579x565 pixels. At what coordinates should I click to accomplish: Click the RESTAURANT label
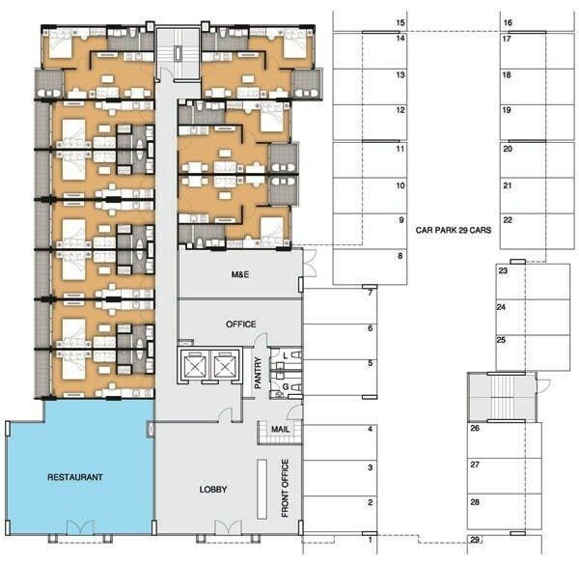[75, 477]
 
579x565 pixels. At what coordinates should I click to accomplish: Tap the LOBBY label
[213, 490]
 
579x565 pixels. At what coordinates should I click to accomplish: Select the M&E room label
[240, 274]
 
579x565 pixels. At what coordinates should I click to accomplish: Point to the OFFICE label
[240, 325]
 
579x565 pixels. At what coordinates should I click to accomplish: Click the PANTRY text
[258, 373]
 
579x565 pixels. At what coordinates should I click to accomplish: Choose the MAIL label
[280, 430]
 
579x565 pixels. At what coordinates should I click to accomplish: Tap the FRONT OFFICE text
[285, 488]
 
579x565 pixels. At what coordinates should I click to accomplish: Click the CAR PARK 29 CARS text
[454, 230]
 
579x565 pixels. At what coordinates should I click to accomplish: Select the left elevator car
[194, 365]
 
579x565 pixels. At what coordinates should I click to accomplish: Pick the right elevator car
[224, 365]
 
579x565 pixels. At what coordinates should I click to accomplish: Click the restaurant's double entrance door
[80, 527]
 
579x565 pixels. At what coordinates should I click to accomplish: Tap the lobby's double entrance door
[228, 527]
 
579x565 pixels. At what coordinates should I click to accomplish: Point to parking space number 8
[370, 267]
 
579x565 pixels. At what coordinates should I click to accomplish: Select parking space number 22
[537, 232]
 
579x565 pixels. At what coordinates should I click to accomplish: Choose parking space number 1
[340, 544]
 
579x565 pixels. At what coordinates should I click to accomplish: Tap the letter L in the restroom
[285, 356]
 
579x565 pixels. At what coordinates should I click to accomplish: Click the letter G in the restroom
[286, 387]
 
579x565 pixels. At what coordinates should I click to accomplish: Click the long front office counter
[262, 489]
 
